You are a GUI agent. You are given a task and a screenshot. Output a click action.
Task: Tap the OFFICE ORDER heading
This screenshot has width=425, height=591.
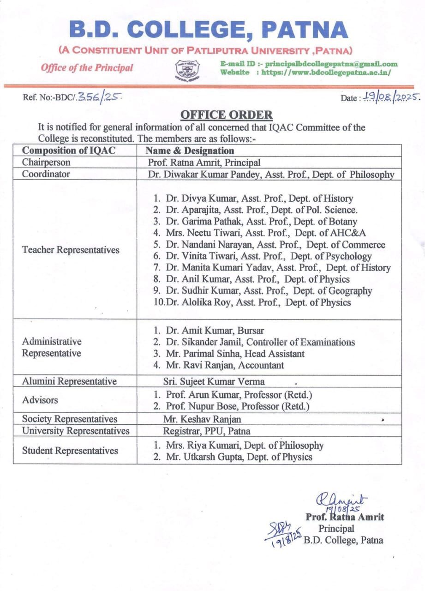[x=226, y=115]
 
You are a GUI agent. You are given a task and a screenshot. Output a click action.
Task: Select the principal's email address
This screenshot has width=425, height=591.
[x=331, y=64]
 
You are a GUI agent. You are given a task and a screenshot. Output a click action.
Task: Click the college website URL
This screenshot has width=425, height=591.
[x=326, y=72]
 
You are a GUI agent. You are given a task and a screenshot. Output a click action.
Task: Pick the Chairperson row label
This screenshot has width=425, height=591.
[x=47, y=163]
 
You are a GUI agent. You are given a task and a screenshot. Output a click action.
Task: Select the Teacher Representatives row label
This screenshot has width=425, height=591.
[x=71, y=250]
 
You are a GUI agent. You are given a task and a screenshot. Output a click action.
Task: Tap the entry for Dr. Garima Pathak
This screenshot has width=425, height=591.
[x=255, y=222]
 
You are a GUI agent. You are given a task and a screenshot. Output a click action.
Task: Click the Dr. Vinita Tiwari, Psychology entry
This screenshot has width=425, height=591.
[x=262, y=256]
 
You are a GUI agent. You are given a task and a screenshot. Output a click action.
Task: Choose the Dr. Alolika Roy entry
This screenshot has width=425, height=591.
[x=252, y=303]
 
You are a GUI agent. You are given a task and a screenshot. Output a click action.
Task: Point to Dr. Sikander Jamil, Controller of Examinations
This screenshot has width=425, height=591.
[x=254, y=342]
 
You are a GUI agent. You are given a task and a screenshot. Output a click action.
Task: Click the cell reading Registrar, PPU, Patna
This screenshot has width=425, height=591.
[x=207, y=431]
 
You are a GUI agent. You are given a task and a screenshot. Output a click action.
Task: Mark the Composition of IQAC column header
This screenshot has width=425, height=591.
[x=69, y=151]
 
